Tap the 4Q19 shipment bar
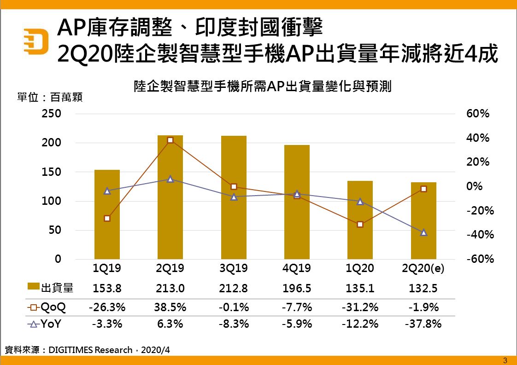pyautogui.click(x=297, y=202)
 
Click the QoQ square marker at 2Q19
pyautogui.click(x=170, y=140)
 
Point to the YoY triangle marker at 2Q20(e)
pyautogui.click(x=423, y=232)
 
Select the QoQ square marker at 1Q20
pyautogui.click(x=360, y=224)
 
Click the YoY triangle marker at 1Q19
pyautogui.click(x=107, y=191)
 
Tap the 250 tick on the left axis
pyautogui.click(x=52, y=114)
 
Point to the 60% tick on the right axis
pyautogui.click(x=478, y=114)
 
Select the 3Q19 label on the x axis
pyautogui.click(x=234, y=268)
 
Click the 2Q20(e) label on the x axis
pyautogui.click(x=423, y=268)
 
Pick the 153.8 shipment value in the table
pyautogui.click(x=107, y=289)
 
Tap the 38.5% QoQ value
pyautogui.click(x=170, y=307)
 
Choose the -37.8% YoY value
pyautogui.click(x=423, y=324)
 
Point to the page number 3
pyautogui.click(x=505, y=360)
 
